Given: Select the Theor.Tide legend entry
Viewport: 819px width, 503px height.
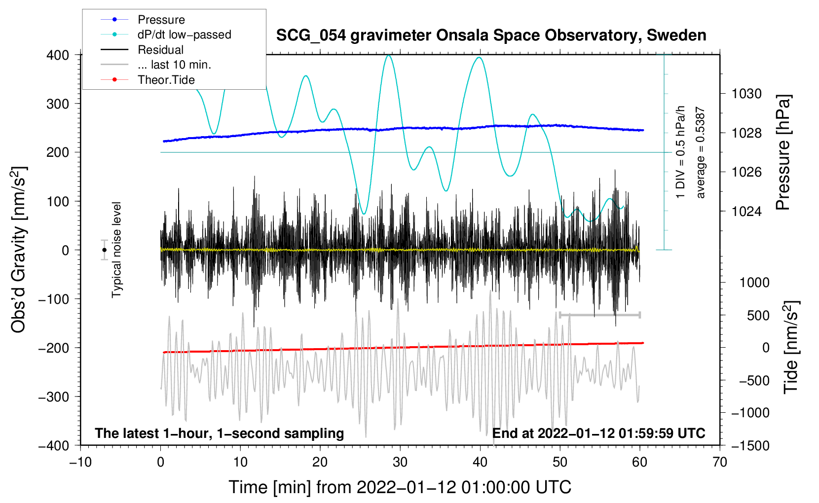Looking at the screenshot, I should click(166, 80).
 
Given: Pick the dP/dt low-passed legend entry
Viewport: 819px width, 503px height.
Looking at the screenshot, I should click(184, 35).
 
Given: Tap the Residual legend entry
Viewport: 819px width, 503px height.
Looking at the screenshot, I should click(160, 50).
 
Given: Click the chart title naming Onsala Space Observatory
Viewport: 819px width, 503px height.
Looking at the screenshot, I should click(491, 36).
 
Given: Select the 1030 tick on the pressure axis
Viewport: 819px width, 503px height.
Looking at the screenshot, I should click(747, 94).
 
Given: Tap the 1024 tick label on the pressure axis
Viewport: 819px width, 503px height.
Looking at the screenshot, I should click(747, 211).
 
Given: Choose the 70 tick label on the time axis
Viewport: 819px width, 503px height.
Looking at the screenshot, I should click(720, 462).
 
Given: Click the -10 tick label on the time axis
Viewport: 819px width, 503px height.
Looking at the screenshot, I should click(80, 462).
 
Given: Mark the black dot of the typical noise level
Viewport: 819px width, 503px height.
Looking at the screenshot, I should click(105, 250).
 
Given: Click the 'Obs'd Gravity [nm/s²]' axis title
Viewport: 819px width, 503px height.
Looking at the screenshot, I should click(19, 250).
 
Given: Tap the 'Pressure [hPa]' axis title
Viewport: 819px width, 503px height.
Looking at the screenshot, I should click(782, 153).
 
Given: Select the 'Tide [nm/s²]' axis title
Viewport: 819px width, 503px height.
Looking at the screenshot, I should click(791, 347).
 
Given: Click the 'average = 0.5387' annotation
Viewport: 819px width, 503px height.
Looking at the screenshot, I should click(701, 153).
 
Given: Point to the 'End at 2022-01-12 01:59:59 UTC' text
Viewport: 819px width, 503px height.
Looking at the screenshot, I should click(598, 433).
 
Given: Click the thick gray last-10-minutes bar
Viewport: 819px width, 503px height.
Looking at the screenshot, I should click(599, 315).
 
